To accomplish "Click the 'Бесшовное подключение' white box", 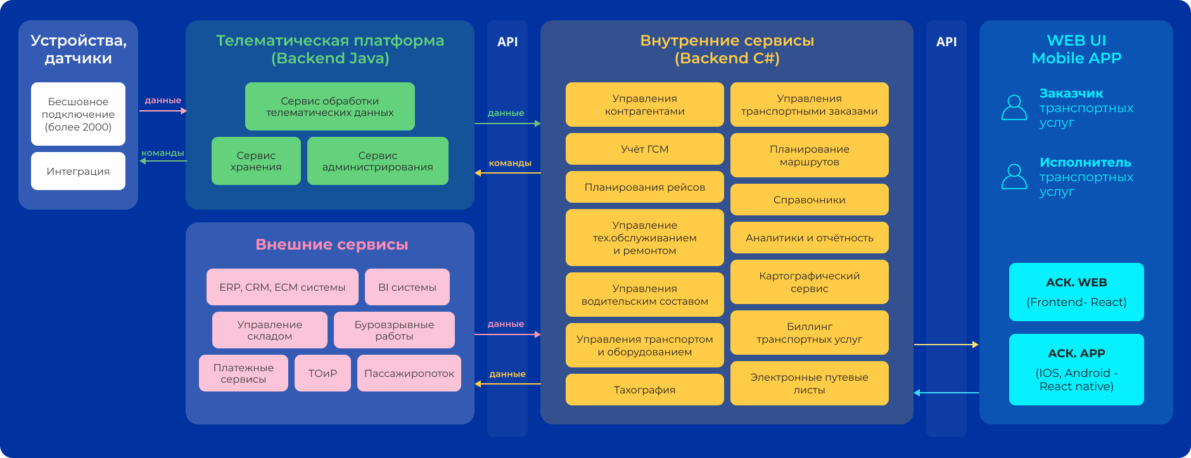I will (x=78, y=114).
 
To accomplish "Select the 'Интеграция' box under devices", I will (x=78, y=171).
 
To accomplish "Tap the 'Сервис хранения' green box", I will (x=256, y=161).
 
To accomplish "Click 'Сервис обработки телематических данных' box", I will (x=329, y=106).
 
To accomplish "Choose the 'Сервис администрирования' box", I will (x=378, y=161).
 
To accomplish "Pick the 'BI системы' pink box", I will (x=407, y=287).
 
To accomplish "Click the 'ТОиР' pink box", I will (x=322, y=373).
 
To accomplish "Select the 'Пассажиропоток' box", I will (x=409, y=373).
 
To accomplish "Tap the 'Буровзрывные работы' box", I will (x=394, y=330).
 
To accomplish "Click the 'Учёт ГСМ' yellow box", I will (x=644, y=149).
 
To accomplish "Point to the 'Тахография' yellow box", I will (x=644, y=390).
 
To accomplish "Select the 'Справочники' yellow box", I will (x=809, y=200).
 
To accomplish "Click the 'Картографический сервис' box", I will (x=809, y=282).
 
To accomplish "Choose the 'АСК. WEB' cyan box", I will (x=1076, y=292).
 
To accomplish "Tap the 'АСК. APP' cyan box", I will (x=1076, y=369).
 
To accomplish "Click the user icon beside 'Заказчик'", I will (x=1014, y=108).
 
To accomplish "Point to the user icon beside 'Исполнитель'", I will (x=1014, y=177).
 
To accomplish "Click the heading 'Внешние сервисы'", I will (x=331, y=245).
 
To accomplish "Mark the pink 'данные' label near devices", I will (x=163, y=100).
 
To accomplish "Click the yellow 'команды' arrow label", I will (x=510, y=163).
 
